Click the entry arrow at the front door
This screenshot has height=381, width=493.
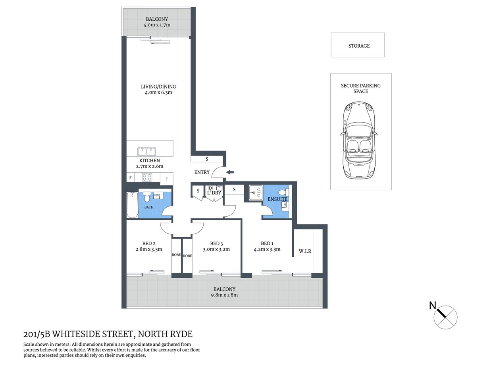pos(230,172)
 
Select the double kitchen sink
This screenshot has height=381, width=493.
pos(146,151)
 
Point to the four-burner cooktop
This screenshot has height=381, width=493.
pos(147,177)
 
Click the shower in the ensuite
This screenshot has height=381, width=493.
pos(255,193)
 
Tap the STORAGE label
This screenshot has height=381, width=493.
pos(359,46)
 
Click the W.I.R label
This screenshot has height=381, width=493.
pos(305,251)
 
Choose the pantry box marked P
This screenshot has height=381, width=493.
pos(130,178)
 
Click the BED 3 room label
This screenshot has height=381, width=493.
pos(216,243)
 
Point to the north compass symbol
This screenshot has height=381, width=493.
pos(445,317)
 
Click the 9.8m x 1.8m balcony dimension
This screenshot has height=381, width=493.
pos(224,295)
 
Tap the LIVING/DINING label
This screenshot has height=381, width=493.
pos(158,87)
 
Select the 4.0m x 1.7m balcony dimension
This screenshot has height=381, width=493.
pos(157,25)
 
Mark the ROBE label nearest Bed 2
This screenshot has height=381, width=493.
pos(176,255)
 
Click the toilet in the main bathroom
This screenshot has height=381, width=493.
pos(147,196)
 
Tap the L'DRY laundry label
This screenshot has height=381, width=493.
pos(214,193)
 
